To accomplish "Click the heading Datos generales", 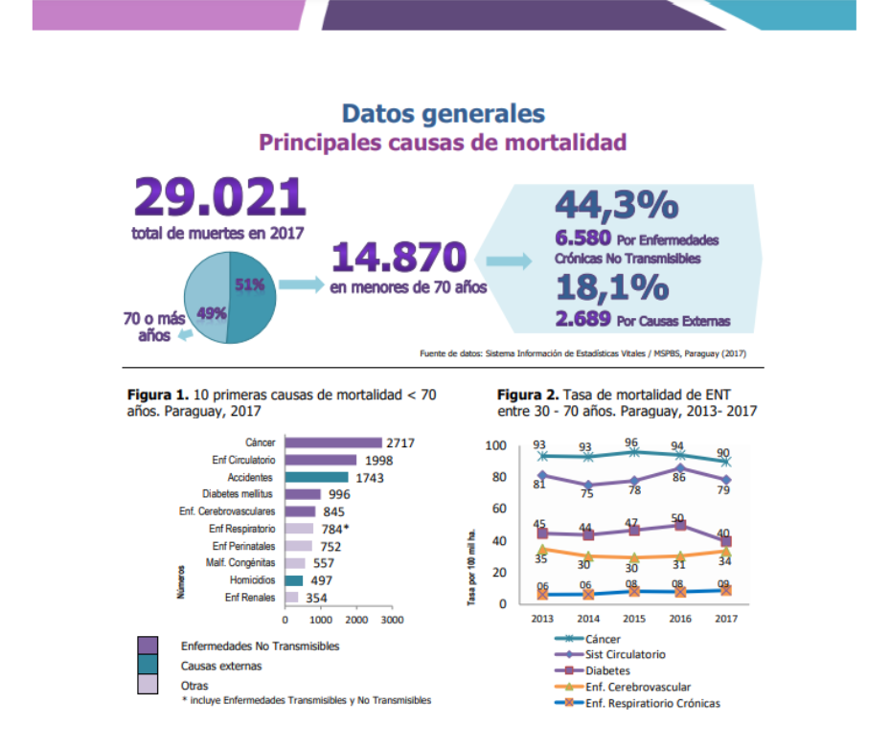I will pyautogui.click(x=444, y=114).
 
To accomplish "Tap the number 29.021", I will pyautogui.click(x=219, y=197).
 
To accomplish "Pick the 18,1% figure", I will pyautogui.click(x=611, y=286).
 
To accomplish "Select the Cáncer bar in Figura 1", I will pyautogui.click(x=333, y=442).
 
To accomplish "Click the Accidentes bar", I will pyautogui.click(x=316, y=477).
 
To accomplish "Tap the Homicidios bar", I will pyautogui.click(x=294, y=580).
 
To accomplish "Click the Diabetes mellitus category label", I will pyautogui.click(x=238, y=494).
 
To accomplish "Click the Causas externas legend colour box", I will pyautogui.click(x=148, y=666).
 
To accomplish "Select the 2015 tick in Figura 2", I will pyautogui.click(x=634, y=619).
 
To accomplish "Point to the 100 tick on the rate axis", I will pyautogui.click(x=496, y=445).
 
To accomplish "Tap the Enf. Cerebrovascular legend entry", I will pyautogui.click(x=637, y=687).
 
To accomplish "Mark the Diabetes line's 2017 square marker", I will pyautogui.click(x=725, y=541).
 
